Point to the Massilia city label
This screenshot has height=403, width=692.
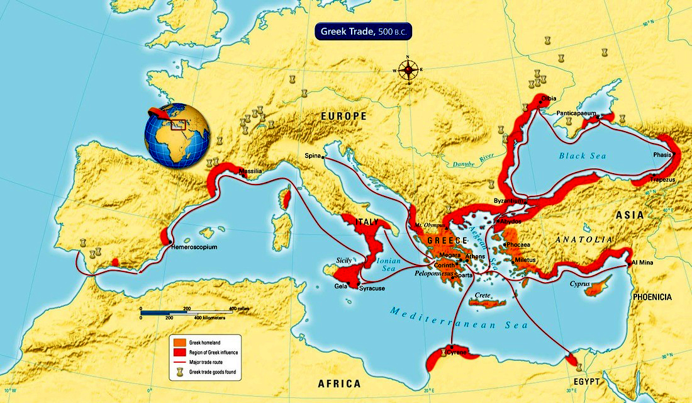click(x=250, y=171)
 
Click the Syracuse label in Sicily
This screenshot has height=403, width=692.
click(x=371, y=289)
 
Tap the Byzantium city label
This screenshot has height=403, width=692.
click(x=509, y=201)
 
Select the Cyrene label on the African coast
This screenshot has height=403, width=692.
click(x=457, y=353)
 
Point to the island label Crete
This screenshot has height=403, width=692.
click(x=483, y=295)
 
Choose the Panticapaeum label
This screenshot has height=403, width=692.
click(x=577, y=113)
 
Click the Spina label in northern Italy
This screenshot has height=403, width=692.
click(x=313, y=156)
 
